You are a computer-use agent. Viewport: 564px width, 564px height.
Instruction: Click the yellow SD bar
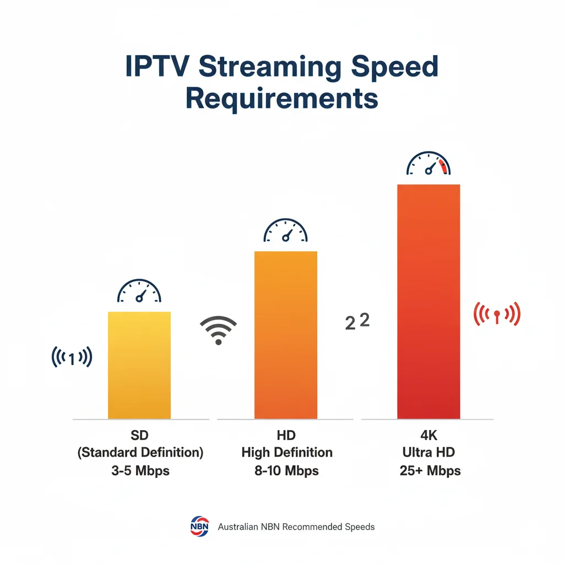point(139,365)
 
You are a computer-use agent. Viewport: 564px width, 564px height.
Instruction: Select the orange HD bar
point(285,334)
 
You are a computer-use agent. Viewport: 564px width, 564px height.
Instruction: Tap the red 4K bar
point(429,301)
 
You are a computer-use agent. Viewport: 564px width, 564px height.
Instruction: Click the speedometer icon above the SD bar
point(139,291)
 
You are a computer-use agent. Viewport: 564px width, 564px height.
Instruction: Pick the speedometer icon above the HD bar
point(285,231)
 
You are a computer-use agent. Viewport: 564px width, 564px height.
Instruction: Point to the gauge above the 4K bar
point(429,164)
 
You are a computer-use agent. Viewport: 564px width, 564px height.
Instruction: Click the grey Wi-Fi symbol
point(218,330)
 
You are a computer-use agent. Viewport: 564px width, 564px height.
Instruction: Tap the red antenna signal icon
point(497,314)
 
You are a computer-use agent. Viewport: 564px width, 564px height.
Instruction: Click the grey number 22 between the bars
point(357,322)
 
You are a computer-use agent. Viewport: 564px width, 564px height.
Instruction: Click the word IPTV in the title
point(158,67)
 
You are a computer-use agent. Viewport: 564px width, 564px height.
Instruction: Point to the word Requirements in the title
point(281,99)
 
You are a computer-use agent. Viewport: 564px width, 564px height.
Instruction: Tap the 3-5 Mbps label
point(140,471)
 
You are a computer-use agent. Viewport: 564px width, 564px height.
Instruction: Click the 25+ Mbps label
point(428,471)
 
